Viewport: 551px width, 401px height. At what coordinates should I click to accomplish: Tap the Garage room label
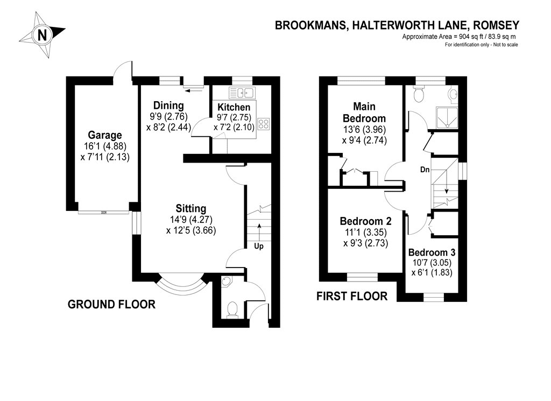[105, 135]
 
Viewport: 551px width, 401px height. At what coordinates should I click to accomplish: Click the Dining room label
[168, 105]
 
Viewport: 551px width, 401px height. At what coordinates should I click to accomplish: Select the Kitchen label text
[234, 108]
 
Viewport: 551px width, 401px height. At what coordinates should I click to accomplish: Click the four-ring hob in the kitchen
[264, 124]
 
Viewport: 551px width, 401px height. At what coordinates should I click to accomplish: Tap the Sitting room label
[190, 208]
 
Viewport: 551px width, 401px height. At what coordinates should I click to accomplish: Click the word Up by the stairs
[259, 246]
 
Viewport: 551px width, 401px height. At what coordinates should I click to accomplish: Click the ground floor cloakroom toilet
[232, 309]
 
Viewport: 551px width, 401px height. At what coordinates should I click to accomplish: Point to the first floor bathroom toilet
[419, 94]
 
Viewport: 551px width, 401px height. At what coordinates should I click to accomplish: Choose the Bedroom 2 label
[365, 221]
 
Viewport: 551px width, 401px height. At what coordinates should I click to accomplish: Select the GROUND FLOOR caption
[111, 305]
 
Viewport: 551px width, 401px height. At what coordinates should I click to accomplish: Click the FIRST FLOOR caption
[352, 296]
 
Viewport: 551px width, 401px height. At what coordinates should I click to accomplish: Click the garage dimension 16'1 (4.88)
[105, 146]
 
